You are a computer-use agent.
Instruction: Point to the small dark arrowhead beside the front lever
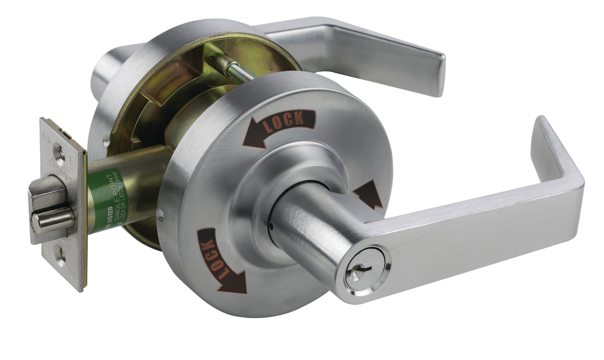tap(368, 195)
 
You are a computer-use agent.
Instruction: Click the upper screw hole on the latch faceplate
tap(59, 152)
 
